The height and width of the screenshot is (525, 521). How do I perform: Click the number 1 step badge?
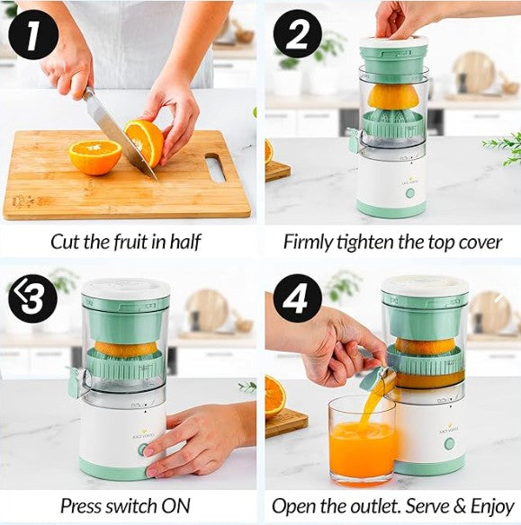(x=33, y=35)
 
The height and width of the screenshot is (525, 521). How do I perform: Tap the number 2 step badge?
(x=298, y=35)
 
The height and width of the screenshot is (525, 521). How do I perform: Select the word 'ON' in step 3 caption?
(x=175, y=505)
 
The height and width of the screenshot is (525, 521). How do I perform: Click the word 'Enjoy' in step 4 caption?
(x=492, y=507)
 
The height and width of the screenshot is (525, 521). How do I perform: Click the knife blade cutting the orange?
(x=119, y=134)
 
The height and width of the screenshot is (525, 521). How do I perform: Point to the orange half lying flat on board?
(x=95, y=157)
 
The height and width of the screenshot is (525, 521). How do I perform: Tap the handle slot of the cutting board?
(x=215, y=167)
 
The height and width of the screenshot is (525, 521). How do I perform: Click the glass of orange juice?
(x=363, y=441)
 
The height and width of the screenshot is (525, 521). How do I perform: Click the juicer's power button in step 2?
(x=410, y=193)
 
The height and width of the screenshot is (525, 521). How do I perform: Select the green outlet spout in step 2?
(x=355, y=141)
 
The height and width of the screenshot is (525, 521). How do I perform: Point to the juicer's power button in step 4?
(x=449, y=444)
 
